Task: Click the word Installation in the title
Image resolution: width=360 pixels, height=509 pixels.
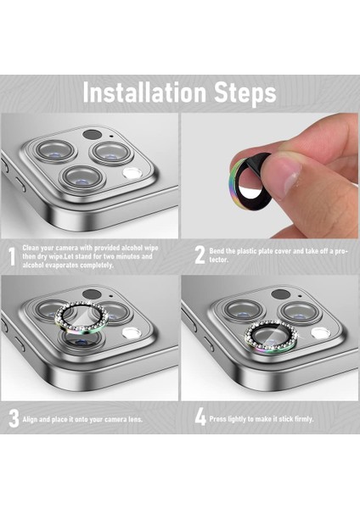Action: click(144, 92)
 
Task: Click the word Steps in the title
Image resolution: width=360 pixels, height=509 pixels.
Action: click(245, 94)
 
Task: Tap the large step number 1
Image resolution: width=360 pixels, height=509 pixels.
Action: click(12, 257)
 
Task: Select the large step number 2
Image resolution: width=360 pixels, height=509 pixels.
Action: click(200, 255)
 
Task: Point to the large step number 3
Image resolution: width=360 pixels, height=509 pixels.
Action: click(14, 418)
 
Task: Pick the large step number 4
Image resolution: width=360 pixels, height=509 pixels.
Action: click(200, 417)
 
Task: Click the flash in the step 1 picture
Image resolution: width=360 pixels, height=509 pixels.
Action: click(132, 173)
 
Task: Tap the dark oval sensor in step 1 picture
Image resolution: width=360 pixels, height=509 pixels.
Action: click(92, 134)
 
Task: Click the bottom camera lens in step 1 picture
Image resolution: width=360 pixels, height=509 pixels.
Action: click(84, 177)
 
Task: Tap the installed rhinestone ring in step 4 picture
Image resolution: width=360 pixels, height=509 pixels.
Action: click(272, 337)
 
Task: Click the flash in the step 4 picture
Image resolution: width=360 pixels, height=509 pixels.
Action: click(321, 333)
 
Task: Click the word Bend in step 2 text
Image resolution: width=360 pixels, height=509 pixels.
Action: click(217, 251)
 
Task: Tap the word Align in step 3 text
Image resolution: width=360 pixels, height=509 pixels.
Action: click(31, 419)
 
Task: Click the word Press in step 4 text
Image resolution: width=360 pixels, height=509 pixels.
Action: click(217, 419)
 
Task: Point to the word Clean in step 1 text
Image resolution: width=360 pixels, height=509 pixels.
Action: click(31, 248)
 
